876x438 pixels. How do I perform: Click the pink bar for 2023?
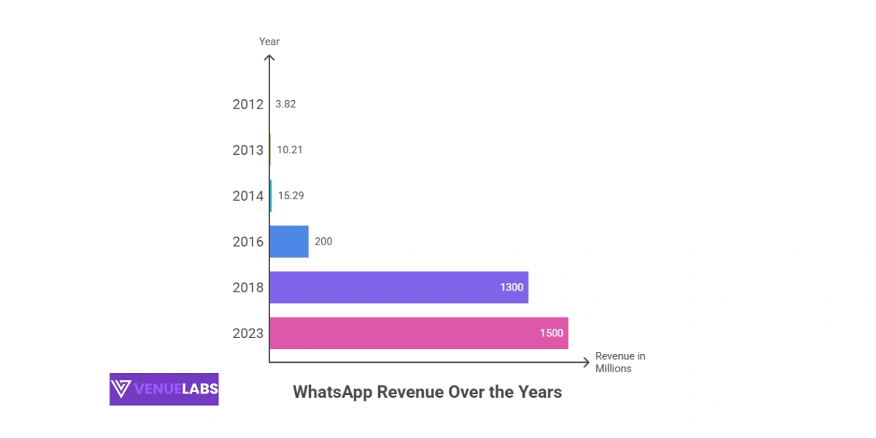point(418,333)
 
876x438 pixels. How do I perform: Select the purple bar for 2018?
point(399,287)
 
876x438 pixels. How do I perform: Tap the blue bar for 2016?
point(289,241)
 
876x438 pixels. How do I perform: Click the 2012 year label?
point(248,104)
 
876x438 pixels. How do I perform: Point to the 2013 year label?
point(248,150)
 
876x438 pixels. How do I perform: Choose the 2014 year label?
point(248,196)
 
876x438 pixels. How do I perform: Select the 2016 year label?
point(248,241)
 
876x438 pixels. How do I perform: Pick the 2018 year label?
point(248,287)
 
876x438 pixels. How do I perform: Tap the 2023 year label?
point(248,333)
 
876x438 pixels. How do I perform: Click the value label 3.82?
point(285,104)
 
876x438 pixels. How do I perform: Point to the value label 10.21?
point(290,150)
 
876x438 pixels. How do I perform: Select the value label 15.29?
point(291,196)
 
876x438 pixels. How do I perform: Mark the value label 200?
point(323,241)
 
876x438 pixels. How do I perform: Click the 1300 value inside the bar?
point(512,287)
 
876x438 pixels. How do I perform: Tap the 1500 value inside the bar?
point(552,333)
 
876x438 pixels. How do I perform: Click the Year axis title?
point(269,42)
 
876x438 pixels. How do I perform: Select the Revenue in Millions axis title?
point(620,362)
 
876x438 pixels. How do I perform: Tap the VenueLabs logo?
point(164,389)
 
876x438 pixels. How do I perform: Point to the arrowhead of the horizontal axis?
point(585,362)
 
